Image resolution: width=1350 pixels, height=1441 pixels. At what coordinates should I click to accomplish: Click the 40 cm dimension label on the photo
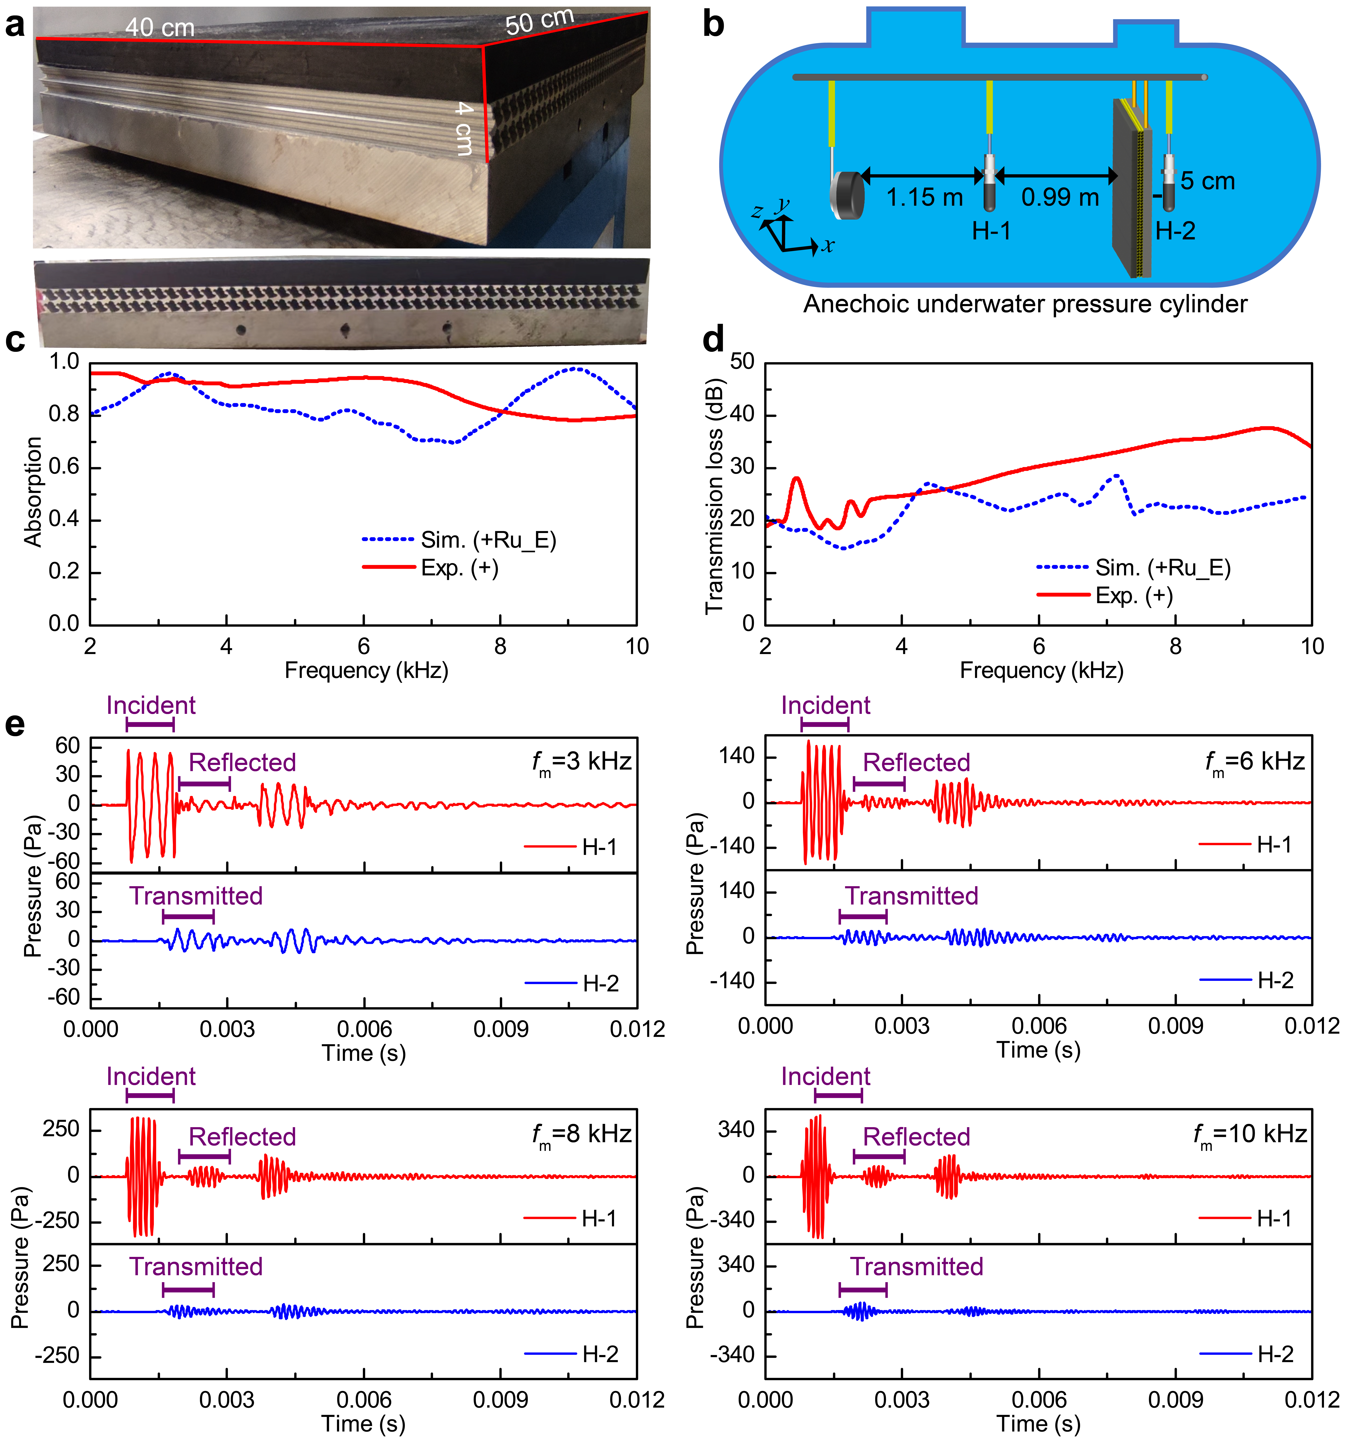159,28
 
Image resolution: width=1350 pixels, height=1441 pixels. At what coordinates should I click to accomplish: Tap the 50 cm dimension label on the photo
539,22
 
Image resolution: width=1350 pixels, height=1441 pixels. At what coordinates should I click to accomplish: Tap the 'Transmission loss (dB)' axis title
714,497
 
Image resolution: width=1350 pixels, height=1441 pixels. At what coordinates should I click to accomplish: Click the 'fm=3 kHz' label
581,763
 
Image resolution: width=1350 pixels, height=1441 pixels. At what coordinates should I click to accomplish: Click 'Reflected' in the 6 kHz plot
916,763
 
